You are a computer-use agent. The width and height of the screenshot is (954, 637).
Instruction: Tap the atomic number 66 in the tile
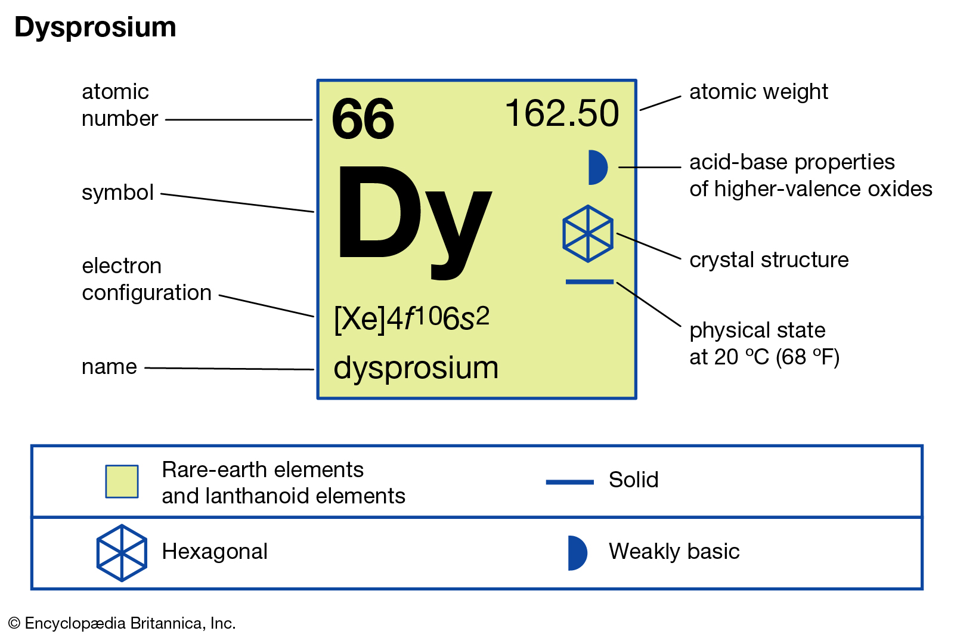point(363,119)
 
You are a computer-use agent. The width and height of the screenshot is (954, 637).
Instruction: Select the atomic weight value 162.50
point(562,113)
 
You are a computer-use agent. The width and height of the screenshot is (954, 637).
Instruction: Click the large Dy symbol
point(414,221)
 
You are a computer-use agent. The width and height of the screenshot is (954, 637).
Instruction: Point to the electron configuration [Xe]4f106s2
point(411,319)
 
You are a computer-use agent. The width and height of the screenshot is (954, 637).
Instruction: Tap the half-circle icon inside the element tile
point(597,168)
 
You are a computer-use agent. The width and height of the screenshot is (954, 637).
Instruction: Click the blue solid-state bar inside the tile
point(590,282)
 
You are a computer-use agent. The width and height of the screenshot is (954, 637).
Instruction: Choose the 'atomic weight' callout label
point(758,92)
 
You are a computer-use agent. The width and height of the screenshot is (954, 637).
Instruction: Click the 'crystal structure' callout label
point(769,260)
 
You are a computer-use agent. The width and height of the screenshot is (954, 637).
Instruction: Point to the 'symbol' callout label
point(117,193)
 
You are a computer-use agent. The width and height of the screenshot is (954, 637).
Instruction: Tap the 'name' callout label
point(109,367)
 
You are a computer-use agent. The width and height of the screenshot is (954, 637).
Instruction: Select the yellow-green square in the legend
point(122,481)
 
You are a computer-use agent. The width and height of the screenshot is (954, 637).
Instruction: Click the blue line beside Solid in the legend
point(570,483)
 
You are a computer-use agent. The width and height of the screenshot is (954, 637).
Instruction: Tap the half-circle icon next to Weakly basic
point(578,553)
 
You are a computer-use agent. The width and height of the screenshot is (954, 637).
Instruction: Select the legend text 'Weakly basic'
point(674,552)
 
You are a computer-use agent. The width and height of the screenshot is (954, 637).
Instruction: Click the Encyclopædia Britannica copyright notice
point(122,623)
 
